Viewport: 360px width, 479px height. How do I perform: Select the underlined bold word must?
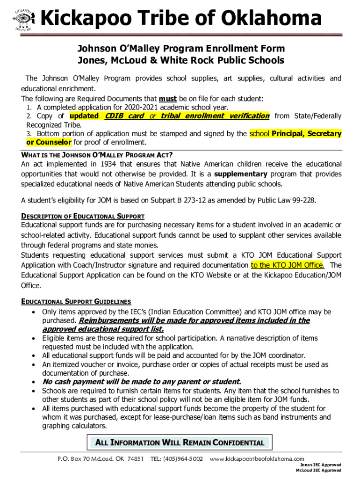167,99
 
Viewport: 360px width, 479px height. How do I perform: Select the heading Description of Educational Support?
83,217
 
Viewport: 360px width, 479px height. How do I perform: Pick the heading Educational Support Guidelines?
76,302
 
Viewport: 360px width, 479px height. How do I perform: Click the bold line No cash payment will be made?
142,382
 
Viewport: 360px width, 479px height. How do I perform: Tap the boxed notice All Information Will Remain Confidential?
180,443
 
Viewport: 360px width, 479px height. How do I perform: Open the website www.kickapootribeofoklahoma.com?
257,459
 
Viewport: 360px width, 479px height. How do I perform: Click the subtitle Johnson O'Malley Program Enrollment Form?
181,49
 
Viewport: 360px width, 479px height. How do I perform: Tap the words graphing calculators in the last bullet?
74,426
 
